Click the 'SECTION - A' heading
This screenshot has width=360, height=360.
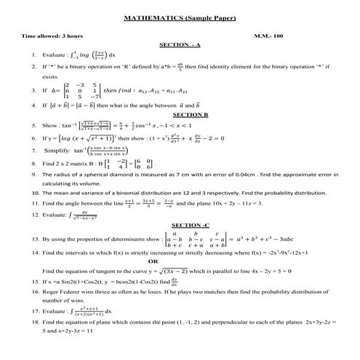tap(182, 44)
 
